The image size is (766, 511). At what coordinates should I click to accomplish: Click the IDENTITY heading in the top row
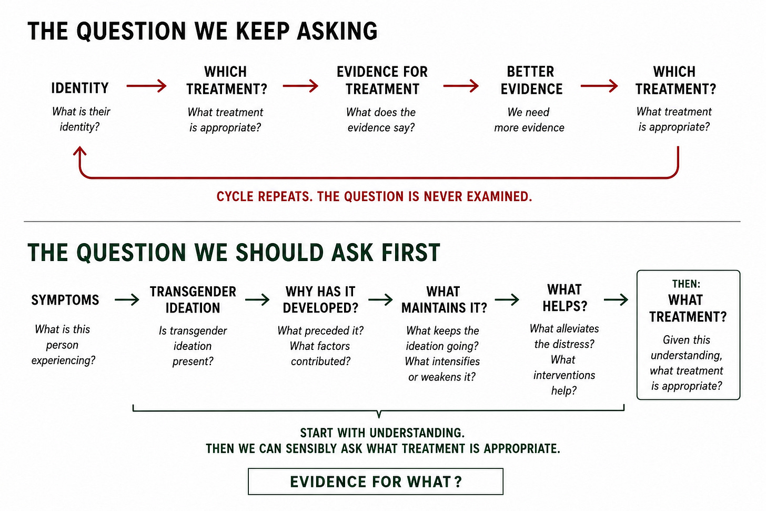(x=79, y=88)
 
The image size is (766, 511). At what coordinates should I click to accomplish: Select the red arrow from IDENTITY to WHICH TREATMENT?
(x=146, y=85)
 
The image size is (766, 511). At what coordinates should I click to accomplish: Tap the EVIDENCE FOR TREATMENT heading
(x=382, y=81)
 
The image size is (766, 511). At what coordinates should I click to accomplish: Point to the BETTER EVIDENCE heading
(x=531, y=81)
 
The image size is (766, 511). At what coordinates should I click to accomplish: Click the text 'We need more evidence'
(x=529, y=119)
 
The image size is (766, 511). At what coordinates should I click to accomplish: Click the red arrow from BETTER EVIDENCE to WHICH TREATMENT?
(x=599, y=85)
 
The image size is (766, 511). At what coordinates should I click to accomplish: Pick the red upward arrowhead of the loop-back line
(x=79, y=152)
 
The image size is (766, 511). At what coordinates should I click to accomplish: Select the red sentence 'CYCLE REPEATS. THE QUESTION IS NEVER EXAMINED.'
(x=374, y=197)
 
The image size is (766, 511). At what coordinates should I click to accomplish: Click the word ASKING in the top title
(x=337, y=31)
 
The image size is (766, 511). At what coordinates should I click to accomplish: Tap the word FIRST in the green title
(x=410, y=253)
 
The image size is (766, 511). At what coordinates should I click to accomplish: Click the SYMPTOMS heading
(x=65, y=300)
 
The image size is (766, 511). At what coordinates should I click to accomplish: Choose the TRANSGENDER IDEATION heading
(x=193, y=300)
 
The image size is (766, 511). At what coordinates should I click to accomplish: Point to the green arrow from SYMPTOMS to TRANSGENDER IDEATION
(x=127, y=300)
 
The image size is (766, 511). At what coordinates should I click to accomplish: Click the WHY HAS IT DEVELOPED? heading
(x=320, y=300)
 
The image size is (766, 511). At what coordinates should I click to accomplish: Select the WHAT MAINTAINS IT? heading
(x=444, y=300)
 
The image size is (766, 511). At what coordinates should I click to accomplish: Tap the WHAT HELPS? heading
(x=565, y=298)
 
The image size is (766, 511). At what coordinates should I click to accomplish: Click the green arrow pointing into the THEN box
(x=616, y=300)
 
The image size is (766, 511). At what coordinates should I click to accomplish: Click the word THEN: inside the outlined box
(x=687, y=284)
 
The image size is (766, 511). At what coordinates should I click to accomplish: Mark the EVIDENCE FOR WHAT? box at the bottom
(x=376, y=482)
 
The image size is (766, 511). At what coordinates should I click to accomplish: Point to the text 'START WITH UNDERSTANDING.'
(x=382, y=433)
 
